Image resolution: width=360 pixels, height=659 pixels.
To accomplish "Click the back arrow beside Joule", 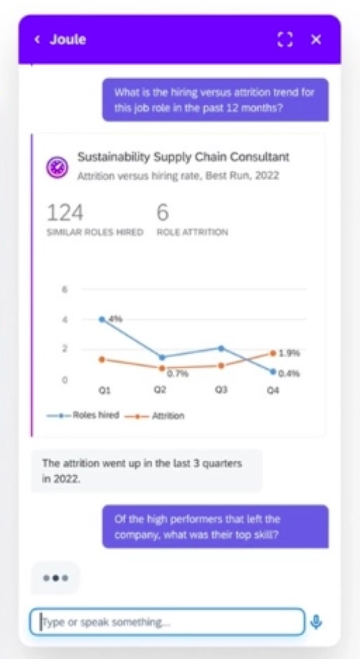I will (38, 40).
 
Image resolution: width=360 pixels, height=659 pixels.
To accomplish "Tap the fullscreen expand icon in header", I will (285, 40).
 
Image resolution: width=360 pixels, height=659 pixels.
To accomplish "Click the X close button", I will (316, 40).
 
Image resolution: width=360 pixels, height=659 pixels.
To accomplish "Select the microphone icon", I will (316, 622).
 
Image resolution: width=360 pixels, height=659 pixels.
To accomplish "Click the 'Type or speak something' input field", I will (167, 622).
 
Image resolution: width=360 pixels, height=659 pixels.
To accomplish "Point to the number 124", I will (65, 213).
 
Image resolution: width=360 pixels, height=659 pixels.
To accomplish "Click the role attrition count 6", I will (162, 213).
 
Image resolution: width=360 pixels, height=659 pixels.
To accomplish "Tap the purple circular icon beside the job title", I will (58, 166).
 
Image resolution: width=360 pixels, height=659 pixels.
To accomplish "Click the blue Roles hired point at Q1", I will (102, 319).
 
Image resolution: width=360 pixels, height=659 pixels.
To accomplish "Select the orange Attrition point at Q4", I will (273, 353).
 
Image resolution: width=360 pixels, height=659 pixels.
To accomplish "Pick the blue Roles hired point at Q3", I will (221, 348).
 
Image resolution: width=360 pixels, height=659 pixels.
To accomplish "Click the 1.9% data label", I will (289, 353).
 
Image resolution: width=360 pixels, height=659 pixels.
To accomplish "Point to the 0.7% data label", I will (178, 373).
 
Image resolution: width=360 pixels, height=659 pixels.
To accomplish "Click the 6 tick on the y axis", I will (65, 289).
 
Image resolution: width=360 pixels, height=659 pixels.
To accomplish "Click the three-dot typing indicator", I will (55, 578).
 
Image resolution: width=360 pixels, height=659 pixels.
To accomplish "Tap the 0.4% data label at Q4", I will (289, 373).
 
